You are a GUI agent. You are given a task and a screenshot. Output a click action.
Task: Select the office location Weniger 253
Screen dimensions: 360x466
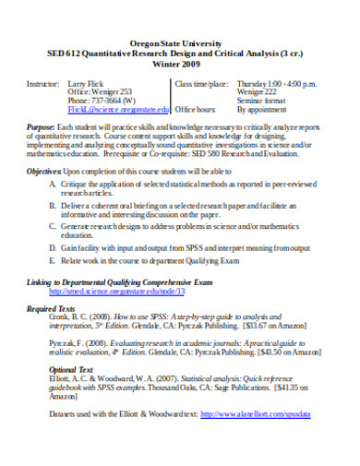[117, 91]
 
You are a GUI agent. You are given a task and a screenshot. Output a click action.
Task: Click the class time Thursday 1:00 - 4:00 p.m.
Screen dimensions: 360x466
[286, 83]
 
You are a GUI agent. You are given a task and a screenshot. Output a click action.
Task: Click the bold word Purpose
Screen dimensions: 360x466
[40, 125]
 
